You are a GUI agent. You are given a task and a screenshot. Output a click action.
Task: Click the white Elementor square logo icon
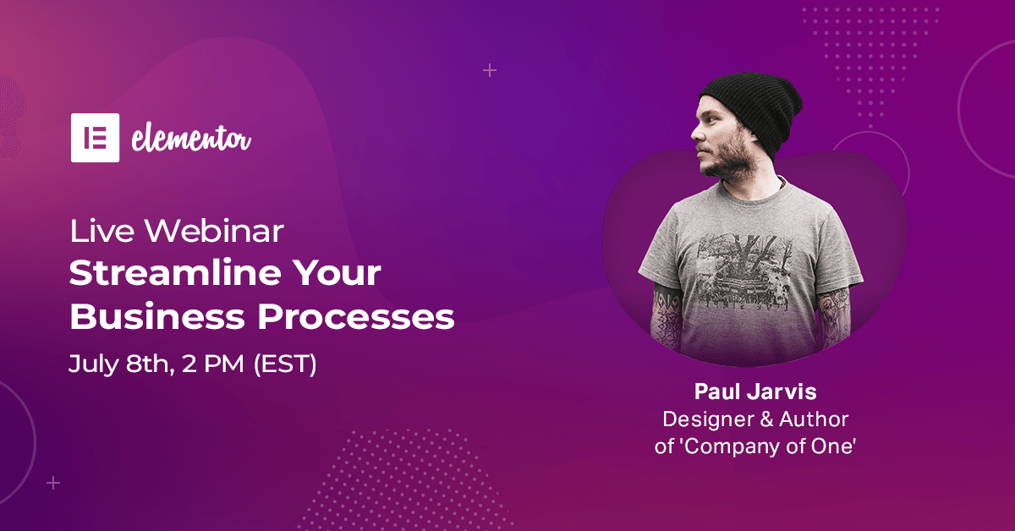click(95, 138)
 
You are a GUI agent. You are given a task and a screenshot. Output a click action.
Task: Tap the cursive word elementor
click(191, 138)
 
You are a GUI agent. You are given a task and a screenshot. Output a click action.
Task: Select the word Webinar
click(214, 231)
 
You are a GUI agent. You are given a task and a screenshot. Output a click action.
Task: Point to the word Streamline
click(174, 273)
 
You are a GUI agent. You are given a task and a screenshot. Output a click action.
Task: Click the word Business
click(157, 316)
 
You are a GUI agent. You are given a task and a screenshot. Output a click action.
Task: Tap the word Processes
click(356, 316)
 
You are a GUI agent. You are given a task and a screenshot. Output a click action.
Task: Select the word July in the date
click(93, 364)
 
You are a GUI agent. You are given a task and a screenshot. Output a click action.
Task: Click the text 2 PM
click(212, 364)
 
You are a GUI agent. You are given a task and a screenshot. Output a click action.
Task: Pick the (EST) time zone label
click(285, 364)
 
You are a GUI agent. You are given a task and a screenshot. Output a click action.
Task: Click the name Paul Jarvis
click(755, 391)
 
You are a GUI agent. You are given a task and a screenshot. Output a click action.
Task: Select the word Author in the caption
click(814, 419)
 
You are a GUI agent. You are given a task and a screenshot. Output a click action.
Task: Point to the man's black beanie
click(753, 112)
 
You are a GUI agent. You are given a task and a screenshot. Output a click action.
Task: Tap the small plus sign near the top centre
click(490, 71)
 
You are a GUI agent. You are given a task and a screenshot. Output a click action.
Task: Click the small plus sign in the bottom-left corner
click(53, 483)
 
